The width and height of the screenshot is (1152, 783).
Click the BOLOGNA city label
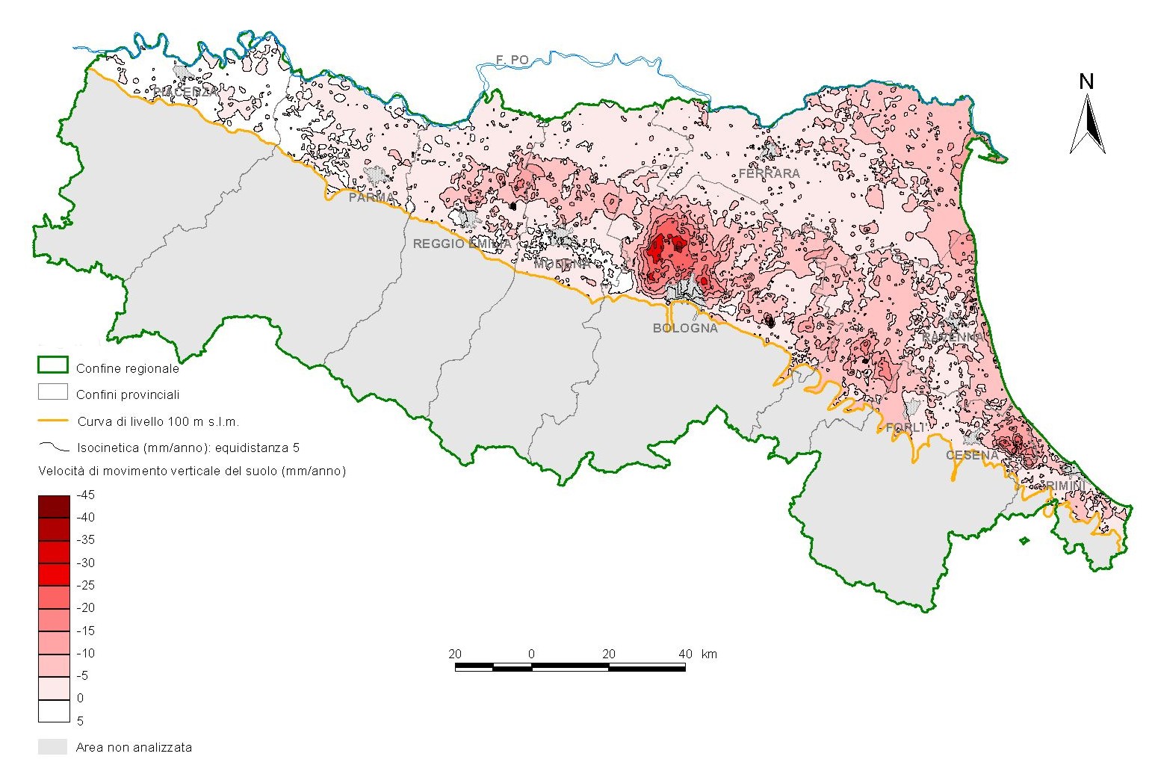pos(684,328)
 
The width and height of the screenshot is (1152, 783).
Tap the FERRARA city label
pos(769,173)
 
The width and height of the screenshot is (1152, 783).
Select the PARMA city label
pos(371,198)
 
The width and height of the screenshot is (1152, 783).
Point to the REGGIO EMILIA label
pos(462,244)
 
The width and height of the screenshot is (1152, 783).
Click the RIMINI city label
pos(1065,486)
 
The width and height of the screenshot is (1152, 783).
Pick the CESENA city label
pos(972,455)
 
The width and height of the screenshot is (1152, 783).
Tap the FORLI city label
pos(905,427)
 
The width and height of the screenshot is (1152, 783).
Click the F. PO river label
pos(512,60)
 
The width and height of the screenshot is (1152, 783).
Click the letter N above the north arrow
pos(1086,81)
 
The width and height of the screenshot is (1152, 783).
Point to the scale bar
pos(570,666)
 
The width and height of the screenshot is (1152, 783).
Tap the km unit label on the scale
pos(709,654)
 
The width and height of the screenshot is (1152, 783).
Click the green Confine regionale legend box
pos(53,366)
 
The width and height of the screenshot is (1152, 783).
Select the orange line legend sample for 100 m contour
pos(53,421)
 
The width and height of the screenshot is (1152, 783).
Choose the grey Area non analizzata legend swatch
pos(53,746)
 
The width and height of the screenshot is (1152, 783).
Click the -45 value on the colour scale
pos(85,495)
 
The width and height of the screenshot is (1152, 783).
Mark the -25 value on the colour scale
pos(85,585)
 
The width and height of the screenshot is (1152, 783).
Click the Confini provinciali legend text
pos(128,394)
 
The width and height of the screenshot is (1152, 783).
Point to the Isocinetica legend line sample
pos(53,448)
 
